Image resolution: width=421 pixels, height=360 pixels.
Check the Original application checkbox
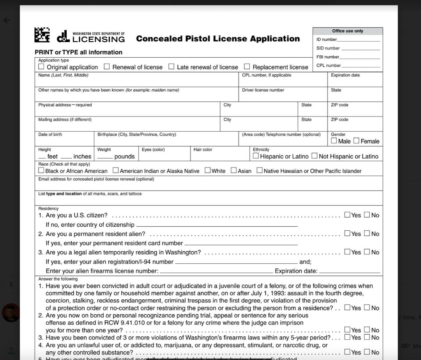click(x=41, y=67)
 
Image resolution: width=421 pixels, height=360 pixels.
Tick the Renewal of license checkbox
click(x=107, y=67)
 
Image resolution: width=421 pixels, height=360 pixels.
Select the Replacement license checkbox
click(x=247, y=67)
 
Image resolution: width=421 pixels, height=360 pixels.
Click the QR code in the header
click(x=42, y=35)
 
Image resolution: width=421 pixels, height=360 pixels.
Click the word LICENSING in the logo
click(x=99, y=39)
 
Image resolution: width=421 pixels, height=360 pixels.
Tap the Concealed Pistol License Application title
click(x=218, y=39)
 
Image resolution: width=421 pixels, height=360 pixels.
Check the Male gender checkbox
click(x=334, y=141)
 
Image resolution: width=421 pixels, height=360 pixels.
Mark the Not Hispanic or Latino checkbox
click(x=314, y=156)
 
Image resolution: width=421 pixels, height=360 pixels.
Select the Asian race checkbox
click(x=233, y=170)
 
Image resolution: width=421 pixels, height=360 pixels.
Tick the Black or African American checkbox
click(x=41, y=170)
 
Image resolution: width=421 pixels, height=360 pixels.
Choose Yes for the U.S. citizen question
click(x=347, y=215)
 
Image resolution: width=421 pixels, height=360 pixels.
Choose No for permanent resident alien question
click(x=367, y=233)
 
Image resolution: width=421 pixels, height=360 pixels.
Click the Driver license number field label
click(x=263, y=90)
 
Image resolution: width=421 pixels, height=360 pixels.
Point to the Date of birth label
click(x=50, y=134)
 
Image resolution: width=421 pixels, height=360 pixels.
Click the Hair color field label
click(x=203, y=149)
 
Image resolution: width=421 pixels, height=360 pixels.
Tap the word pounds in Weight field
click(x=124, y=157)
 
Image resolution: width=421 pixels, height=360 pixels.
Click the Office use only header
click(x=347, y=31)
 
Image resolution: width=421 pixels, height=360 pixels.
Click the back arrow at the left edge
click(x=7, y=20)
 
